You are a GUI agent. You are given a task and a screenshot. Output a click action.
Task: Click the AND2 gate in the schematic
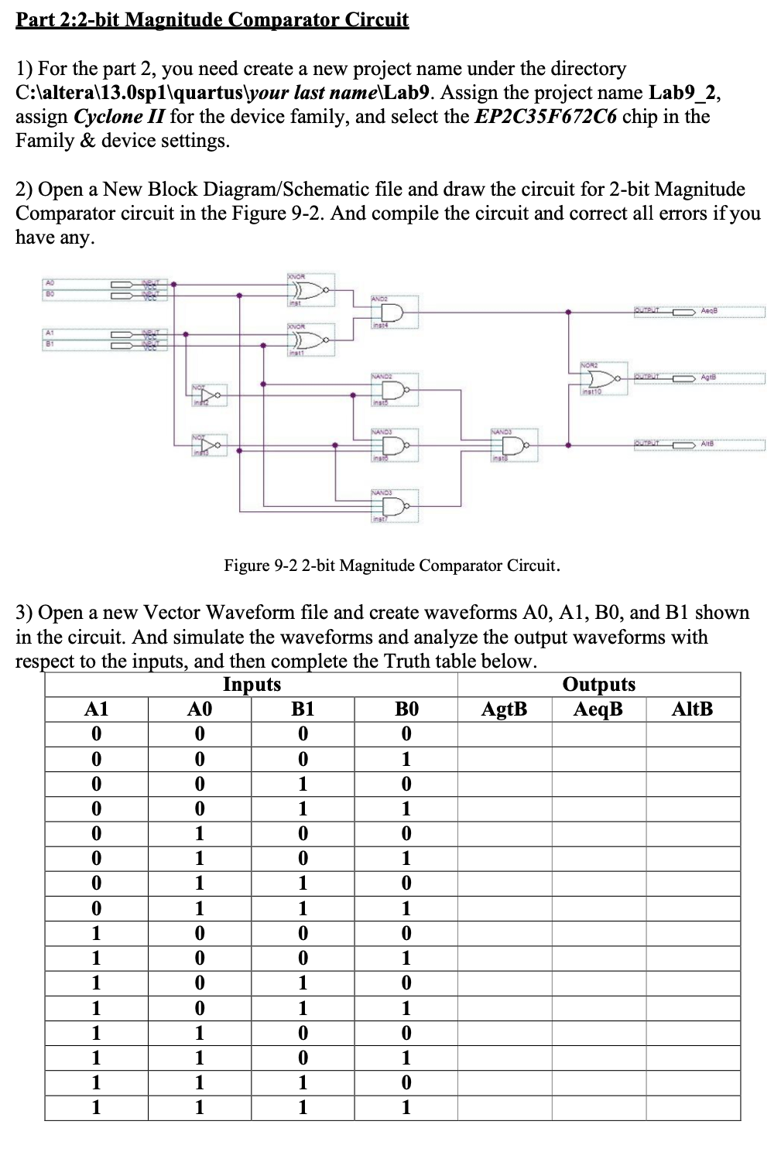coord(391,313)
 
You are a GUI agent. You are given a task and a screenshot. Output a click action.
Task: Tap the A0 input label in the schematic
coord(47,284)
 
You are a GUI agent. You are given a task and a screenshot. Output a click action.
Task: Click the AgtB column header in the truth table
coord(505,709)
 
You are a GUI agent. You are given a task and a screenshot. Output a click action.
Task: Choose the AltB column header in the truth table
coord(692,709)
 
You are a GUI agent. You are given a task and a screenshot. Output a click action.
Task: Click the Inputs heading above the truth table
coord(252,685)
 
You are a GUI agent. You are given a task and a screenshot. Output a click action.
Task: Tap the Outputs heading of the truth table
coord(598,685)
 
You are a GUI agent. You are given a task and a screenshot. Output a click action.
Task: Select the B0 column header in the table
coord(406,709)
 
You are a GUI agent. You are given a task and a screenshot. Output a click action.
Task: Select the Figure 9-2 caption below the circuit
coord(392,566)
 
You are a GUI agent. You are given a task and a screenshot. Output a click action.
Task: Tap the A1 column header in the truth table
coord(96,709)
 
